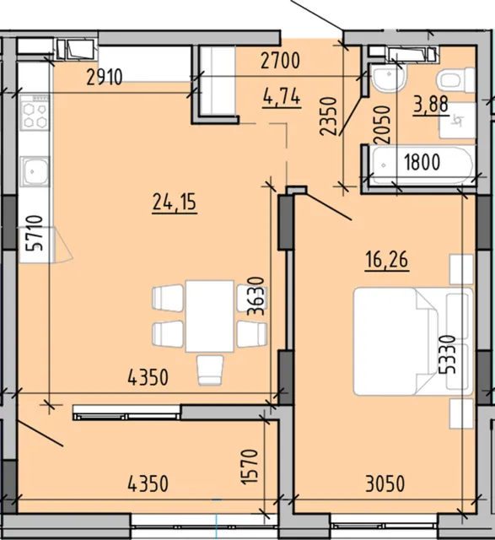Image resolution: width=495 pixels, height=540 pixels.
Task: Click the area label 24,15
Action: [175, 202]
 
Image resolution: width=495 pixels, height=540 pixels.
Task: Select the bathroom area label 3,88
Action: [431, 105]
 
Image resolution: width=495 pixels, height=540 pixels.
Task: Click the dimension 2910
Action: [105, 77]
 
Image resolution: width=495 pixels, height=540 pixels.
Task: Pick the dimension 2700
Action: [280, 61]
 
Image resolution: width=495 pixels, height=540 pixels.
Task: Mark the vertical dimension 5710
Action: [35, 233]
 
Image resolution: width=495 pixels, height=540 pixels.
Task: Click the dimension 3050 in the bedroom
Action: [385, 483]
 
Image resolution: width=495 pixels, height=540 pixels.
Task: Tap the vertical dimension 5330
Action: [447, 354]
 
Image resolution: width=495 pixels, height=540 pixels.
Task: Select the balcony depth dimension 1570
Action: [250, 467]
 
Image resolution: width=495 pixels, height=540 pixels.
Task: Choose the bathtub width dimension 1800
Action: [422, 162]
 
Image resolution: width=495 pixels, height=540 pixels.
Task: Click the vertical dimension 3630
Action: [256, 296]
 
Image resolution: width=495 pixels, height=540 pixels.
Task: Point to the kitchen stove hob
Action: [34, 112]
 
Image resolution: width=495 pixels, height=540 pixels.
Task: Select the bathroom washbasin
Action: [388, 78]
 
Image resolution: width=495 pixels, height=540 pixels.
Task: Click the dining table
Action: [210, 316]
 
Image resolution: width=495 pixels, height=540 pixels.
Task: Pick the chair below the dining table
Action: [210, 370]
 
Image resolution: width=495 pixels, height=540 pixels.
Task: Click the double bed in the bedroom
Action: [413, 341]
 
